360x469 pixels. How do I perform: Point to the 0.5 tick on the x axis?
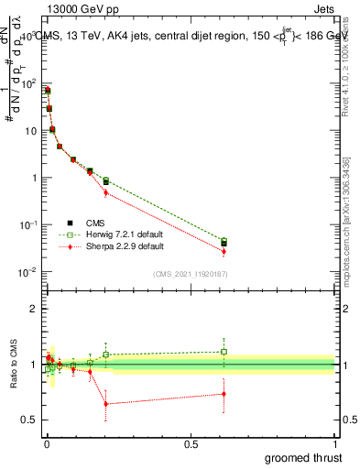[191, 443]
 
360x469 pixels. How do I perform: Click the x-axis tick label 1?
[336, 443]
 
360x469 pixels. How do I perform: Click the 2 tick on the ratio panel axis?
[35, 309]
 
